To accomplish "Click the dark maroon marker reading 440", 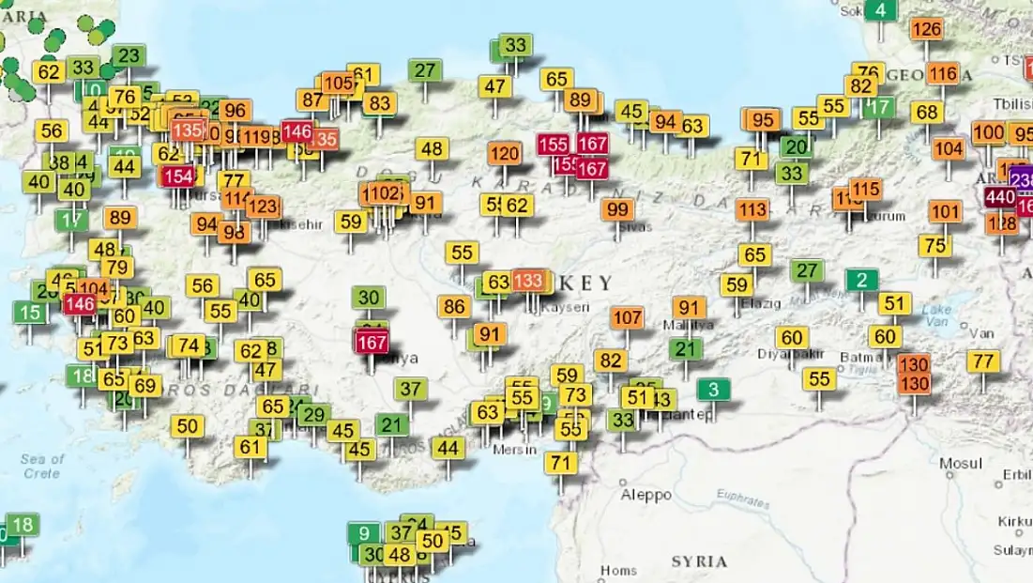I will point(999,197).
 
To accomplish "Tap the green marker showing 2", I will point(861,280).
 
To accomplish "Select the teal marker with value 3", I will point(714,389).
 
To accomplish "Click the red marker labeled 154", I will point(178,176).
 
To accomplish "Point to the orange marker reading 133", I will point(528,280).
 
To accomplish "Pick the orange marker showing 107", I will point(628,317).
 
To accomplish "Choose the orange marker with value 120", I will point(505,153).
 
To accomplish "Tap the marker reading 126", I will point(926,29).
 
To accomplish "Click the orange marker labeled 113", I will point(752,209).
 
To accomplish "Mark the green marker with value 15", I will point(30,313).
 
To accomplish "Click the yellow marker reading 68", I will point(926,112).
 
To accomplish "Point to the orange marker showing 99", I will point(617,209).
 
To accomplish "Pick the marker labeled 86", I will point(455,306).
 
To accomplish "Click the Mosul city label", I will point(961,463).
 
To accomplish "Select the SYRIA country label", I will point(699,561).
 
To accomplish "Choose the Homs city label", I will point(618,570).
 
